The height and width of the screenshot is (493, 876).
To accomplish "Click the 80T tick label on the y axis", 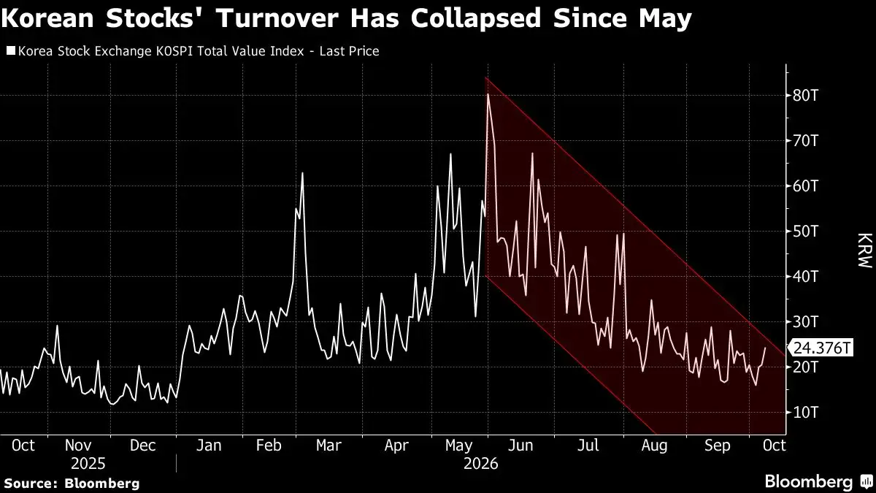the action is tap(805, 96).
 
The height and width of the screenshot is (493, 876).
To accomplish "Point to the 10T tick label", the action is tap(805, 413).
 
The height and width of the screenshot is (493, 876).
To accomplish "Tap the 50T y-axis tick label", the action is tap(805, 232).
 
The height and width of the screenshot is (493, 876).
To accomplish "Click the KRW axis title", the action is tap(864, 251).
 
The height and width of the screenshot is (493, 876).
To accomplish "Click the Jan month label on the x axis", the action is tap(209, 446).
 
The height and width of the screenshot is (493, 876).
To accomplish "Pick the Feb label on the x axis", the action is tap(269, 446).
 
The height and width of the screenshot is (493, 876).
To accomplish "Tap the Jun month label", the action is tap(520, 446).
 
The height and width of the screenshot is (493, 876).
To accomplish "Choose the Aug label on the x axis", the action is tap(654, 446).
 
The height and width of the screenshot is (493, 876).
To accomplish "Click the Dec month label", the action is tap(143, 446).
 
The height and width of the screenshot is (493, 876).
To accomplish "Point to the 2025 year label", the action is tap(88, 464).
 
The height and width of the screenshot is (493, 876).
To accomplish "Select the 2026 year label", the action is tap(480, 464).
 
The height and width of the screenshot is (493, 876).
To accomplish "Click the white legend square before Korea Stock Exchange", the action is tap(11, 51).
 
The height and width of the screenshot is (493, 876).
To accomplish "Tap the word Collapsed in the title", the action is tap(475, 19).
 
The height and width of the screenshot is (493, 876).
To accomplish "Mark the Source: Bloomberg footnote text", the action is tap(72, 484).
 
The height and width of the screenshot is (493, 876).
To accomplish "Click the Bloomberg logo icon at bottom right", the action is tap(867, 481).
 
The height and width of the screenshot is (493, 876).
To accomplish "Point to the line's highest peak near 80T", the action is tap(488, 94).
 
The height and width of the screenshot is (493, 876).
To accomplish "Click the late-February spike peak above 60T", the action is tap(302, 173).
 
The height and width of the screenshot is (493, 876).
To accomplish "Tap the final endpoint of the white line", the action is tap(765, 348).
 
